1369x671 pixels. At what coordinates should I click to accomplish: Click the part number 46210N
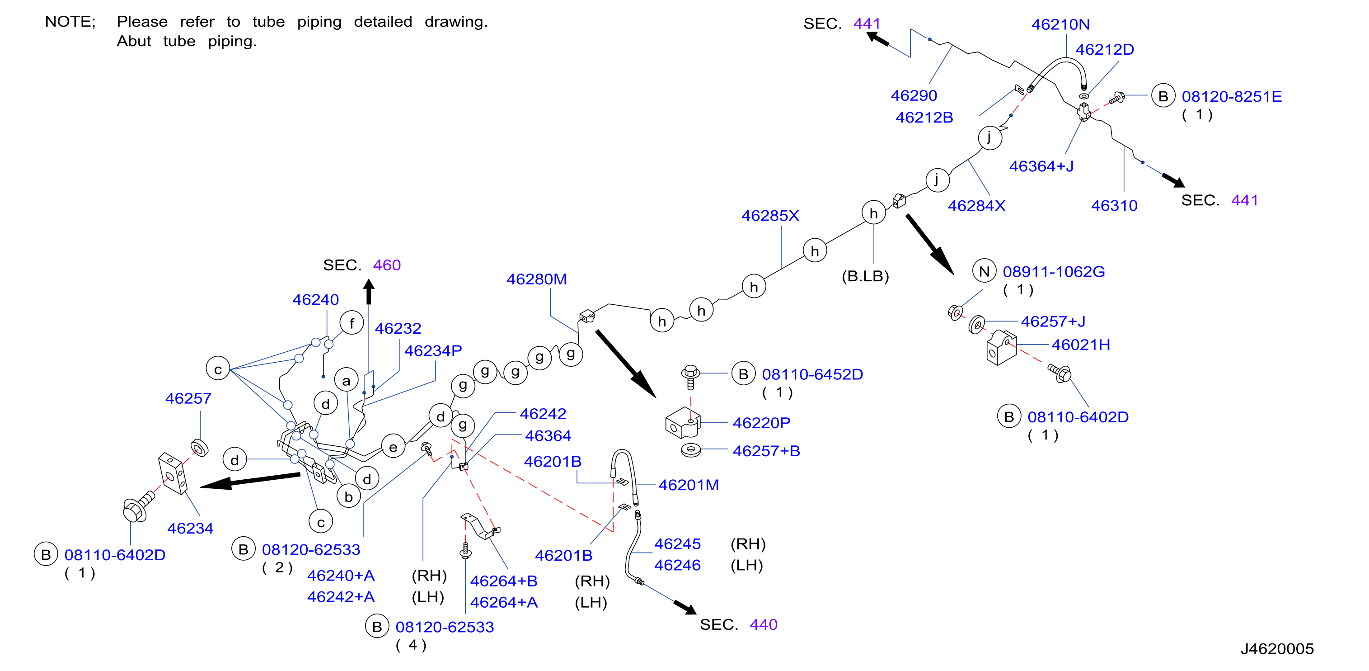[1060, 24]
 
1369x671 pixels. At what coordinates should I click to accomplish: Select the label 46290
[914, 96]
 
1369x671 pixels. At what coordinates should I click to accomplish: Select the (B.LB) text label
[865, 276]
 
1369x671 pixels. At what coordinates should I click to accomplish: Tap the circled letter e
[393, 447]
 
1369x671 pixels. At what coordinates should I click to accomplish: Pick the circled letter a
[347, 381]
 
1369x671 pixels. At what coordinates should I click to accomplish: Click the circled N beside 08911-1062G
[984, 272]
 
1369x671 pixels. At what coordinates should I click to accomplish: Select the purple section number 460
[387, 265]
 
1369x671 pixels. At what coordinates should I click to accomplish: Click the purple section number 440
[764, 625]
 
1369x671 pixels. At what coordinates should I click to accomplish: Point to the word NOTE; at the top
[70, 22]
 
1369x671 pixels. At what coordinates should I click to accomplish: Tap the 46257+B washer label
[766, 451]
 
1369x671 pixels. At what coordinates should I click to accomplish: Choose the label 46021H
[1081, 345]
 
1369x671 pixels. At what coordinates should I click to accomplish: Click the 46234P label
[433, 351]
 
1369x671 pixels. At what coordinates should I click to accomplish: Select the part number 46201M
[689, 486]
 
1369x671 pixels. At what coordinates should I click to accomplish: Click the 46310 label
[1115, 206]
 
